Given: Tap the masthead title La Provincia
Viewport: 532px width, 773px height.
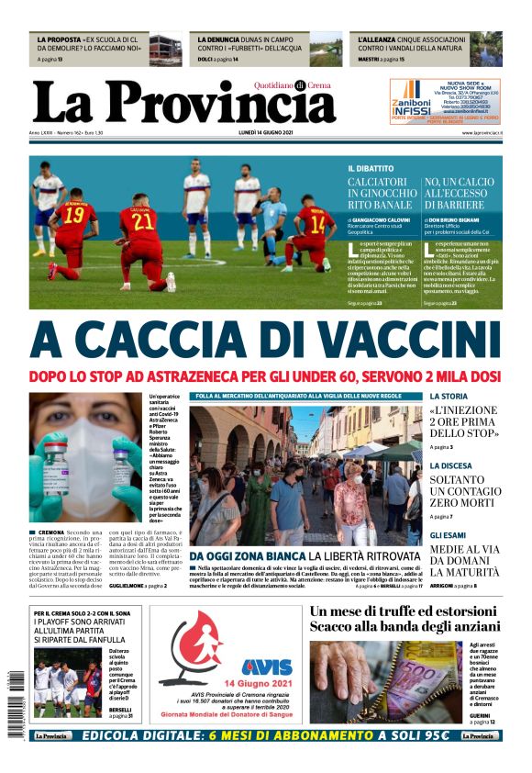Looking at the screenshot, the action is tap(183, 104).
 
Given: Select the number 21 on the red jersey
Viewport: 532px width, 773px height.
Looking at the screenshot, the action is tap(142, 221).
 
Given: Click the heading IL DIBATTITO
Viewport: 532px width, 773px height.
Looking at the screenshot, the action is tap(371, 169).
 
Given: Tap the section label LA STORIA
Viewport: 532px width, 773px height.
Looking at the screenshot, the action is tap(449, 397).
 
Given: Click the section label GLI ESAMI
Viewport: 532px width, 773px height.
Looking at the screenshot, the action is tap(449, 535).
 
